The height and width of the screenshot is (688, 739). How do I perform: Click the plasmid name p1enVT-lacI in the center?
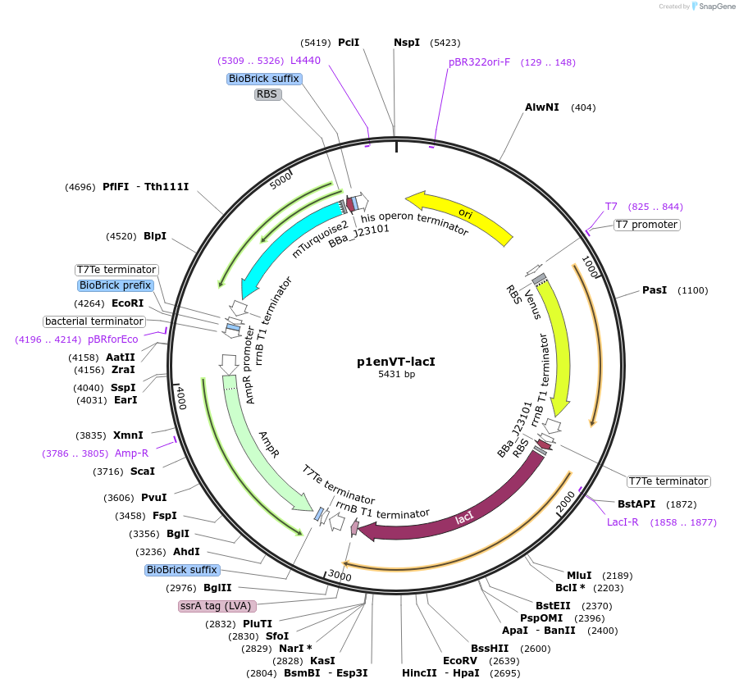click(396, 361)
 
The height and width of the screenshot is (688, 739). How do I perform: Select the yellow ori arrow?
click(465, 216)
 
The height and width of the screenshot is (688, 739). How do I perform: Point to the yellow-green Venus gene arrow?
click(557, 344)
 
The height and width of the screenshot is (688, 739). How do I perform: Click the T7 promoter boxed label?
click(646, 225)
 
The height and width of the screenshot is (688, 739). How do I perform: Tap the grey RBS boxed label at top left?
click(267, 94)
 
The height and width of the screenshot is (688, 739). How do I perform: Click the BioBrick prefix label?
click(115, 285)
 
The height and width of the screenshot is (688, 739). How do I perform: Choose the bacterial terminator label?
click(94, 321)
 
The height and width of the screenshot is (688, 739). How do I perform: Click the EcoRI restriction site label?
click(127, 303)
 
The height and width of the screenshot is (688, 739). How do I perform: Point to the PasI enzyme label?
click(655, 290)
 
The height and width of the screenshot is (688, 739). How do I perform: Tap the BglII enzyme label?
click(217, 588)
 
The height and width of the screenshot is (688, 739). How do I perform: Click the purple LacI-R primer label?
click(623, 522)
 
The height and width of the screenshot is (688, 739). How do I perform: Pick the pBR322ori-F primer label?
click(479, 62)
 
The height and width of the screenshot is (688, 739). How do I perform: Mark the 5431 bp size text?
click(396, 375)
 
